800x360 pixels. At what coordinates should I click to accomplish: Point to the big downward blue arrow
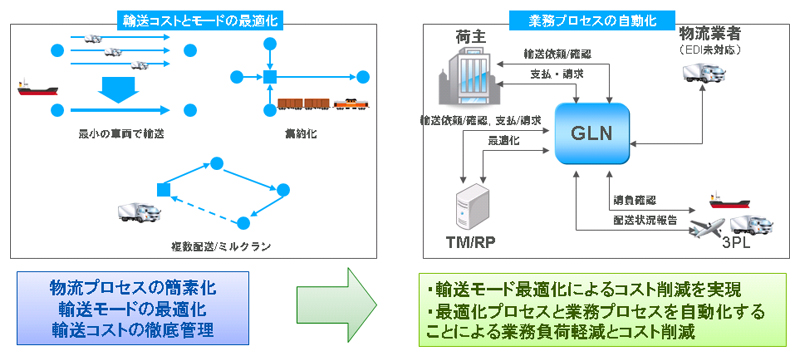pos(116,92)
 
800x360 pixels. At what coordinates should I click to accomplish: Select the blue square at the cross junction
pos(269,75)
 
